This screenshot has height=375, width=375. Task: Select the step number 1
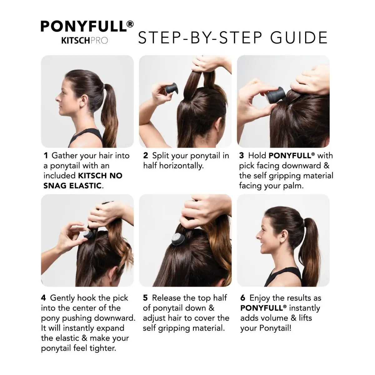[46, 156]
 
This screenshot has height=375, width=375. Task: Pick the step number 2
[146, 156]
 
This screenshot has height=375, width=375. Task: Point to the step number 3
[242, 156]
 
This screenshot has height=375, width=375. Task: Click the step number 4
[43, 298]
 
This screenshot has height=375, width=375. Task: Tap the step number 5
[145, 298]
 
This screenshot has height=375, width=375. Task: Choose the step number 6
[242, 298]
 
